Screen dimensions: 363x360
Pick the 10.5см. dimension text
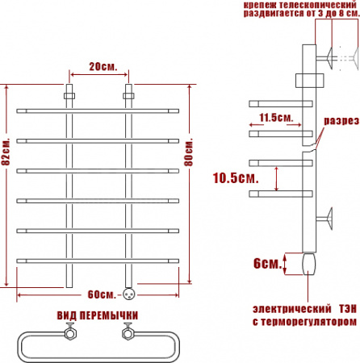pos(235,177)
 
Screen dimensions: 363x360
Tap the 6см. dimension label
pos(268,264)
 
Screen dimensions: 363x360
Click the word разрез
pos(339,122)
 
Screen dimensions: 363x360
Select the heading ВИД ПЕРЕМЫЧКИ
pos(98,315)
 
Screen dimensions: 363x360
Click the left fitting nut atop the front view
pos(70,94)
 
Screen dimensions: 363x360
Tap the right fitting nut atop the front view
pos(128,94)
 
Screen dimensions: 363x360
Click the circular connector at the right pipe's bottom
pos(128,293)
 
